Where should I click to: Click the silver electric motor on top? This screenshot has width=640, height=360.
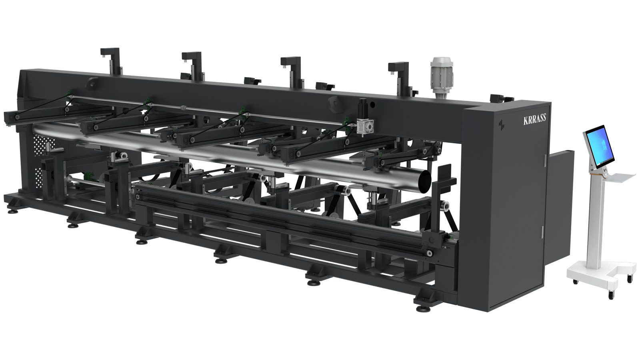click(x=442, y=78)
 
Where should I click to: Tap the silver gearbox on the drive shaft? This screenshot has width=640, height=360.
click(x=364, y=126)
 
